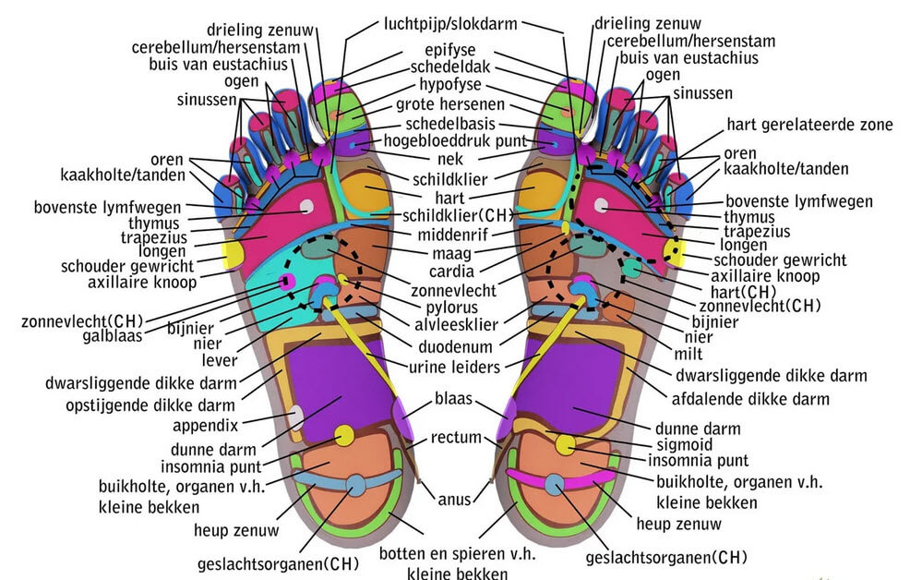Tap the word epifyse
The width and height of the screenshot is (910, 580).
pos(450,50)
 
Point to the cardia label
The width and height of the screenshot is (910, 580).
pos(451,271)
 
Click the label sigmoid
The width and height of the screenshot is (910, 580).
pos(683,444)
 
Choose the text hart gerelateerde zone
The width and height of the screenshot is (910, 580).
pos(809,125)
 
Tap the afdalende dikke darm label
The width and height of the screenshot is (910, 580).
pos(749,399)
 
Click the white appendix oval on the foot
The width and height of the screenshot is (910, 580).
pos(297,416)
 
